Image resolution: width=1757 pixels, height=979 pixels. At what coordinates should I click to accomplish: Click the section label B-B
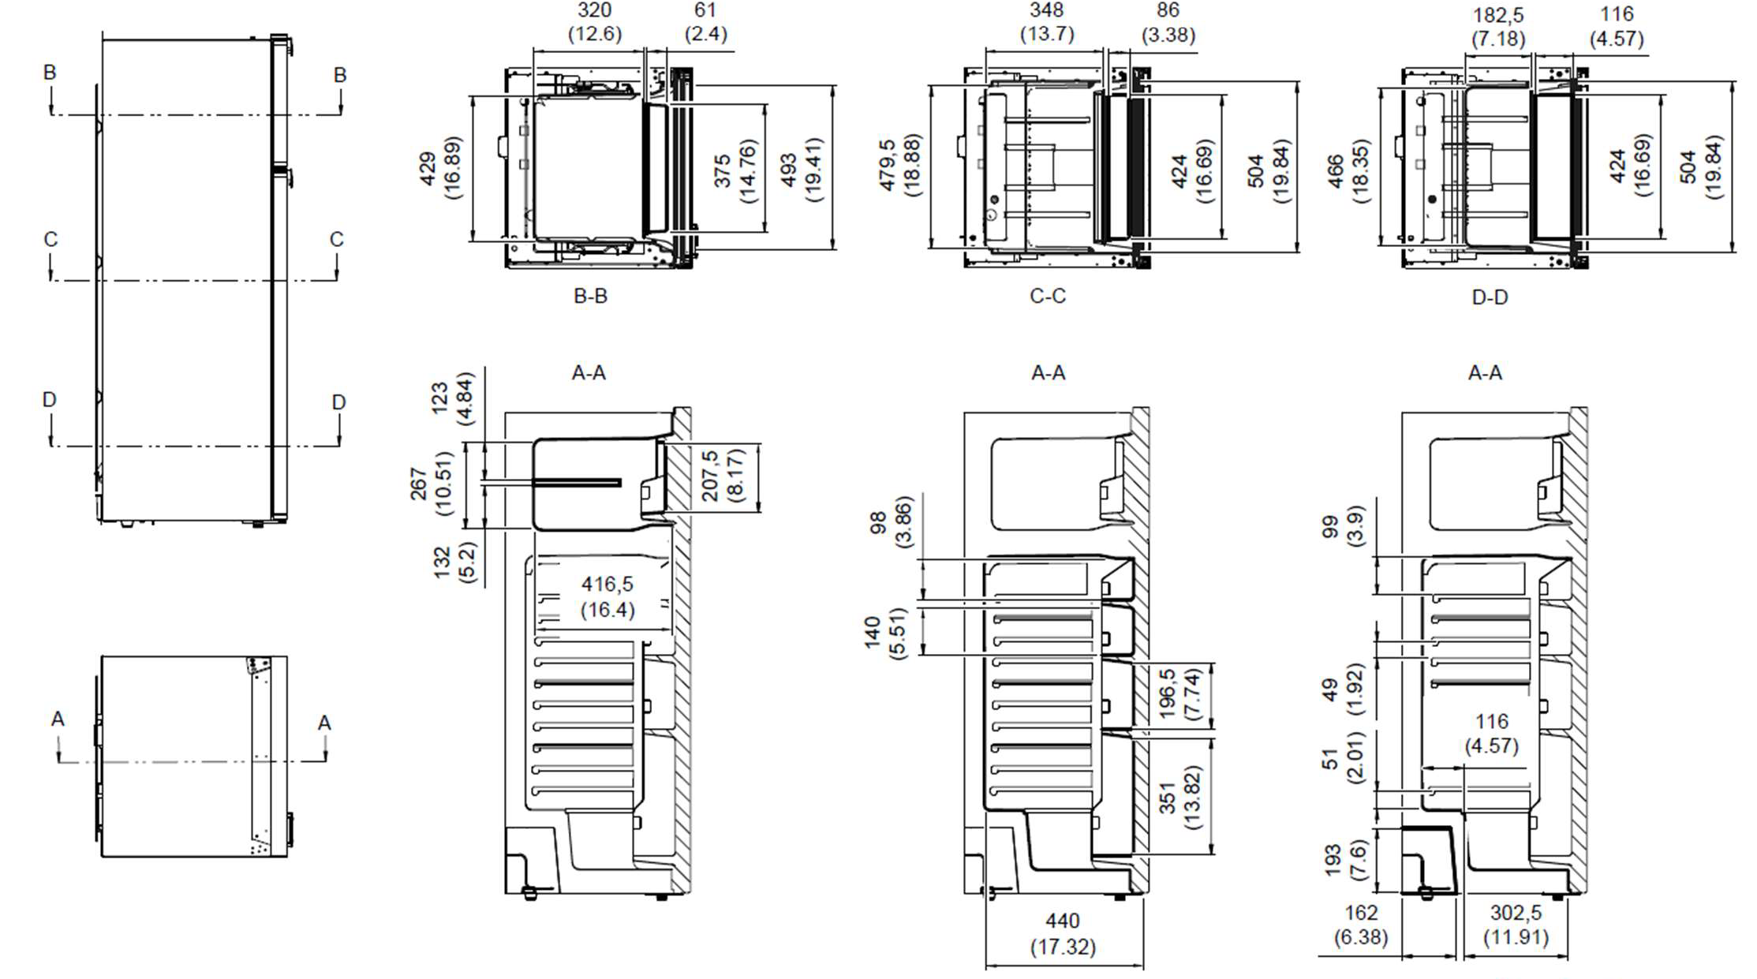coord(590,296)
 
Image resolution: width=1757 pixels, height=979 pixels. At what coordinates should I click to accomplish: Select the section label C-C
coord(1048,296)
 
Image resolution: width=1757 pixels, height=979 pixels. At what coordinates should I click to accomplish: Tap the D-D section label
coord(1490,297)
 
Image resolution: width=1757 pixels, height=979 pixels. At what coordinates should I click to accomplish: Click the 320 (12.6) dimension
coord(595,22)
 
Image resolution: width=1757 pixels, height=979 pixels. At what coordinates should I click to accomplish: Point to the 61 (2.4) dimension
coord(705,22)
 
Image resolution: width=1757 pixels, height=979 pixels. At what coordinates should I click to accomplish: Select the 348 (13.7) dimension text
coord(1047,22)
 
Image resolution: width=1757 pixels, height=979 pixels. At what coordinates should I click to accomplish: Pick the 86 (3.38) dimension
coord(1168,23)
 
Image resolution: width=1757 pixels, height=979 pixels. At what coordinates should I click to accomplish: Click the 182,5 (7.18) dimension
coord(1498,27)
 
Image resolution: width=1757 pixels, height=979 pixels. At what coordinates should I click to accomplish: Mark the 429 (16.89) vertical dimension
coord(440,169)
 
